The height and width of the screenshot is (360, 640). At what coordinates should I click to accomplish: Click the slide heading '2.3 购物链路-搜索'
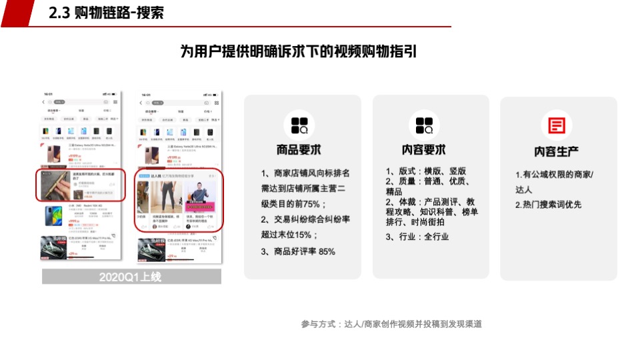(x=107, y=13)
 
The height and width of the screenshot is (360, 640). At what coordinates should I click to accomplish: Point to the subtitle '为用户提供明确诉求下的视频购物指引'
(x=298, y=52)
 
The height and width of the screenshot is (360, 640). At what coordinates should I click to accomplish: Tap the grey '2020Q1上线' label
(x=131, y=277)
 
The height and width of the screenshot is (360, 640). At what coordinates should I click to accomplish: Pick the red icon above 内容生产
(x=557, y=126)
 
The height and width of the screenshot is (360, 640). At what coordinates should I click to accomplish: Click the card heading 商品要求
(x=298, y=150)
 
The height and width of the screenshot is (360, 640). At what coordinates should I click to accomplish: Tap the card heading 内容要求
(x=424, y=150)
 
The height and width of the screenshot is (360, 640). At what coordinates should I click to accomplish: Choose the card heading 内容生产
(x=557, y=152)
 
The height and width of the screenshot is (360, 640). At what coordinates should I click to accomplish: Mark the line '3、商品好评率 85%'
(x=298, y=251)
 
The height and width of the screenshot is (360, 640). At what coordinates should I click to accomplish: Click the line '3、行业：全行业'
(x=417, y=237)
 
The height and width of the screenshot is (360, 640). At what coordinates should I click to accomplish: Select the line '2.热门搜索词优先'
(x=548, y=205)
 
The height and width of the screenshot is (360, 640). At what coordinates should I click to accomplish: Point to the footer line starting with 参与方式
(x=391, y=324)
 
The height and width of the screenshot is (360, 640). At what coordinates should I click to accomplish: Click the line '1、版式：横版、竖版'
(x=426, y=171)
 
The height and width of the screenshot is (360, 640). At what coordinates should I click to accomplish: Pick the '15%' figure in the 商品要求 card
(x=303, y=235)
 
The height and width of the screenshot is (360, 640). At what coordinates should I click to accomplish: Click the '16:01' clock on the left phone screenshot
(x=48, y=95)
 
